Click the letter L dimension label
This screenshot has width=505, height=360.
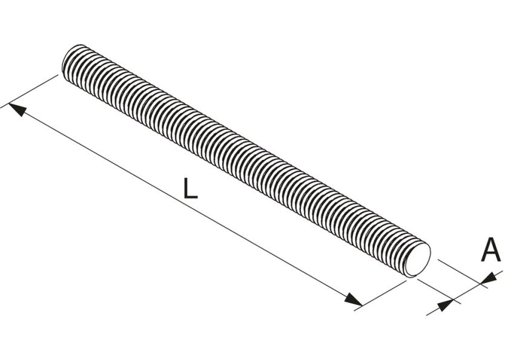tap(190, 189)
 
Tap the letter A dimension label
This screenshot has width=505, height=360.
tap(490, 250)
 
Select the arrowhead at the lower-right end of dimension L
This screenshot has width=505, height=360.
tap(353, 299)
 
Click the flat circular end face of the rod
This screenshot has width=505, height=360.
tap(420, 261)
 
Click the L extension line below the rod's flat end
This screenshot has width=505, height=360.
tap(385, 293)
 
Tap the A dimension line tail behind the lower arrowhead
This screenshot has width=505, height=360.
tap(432, 310)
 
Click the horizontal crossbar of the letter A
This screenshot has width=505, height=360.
tap(490, 255)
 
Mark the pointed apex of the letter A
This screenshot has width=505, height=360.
tap(490, 240)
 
